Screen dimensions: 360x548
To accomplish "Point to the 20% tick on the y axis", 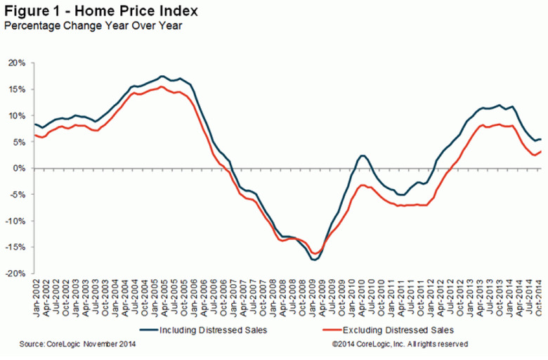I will pyautogui.click(x=17, y=63).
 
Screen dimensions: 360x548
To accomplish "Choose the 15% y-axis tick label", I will pyautogui.click(x=17, y=89).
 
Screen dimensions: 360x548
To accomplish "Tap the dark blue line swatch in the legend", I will pyautogui.click(x=150, y=329).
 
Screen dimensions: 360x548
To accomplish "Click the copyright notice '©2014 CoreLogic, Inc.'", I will pyautogui.click(x=396, y=344).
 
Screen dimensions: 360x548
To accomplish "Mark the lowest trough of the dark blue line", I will pyautogui.click(x=314, y=260).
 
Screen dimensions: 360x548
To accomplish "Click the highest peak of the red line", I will pyautogui.click(x=162, y=86).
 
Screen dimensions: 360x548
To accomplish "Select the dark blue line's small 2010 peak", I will pyautogui.click(x=363, y=155).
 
